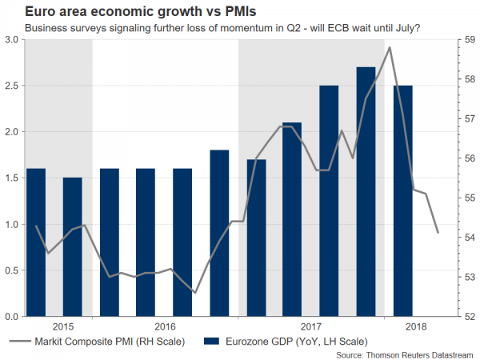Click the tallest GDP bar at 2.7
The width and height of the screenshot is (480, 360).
coord(366,192)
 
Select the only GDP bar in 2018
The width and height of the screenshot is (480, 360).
coord(402,201)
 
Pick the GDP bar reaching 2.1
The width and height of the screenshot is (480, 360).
coord(292,219)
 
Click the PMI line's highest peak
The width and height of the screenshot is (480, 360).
coord(390,48)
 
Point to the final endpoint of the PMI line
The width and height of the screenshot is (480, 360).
coord(438,233)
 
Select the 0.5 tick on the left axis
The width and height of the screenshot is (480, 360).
coord(14,270)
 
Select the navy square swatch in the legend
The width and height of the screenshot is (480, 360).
coord(212,342)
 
